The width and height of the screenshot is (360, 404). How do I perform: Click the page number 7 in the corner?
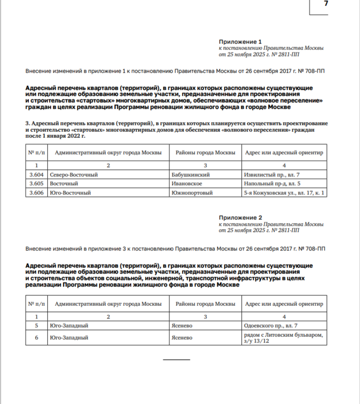tap(326, 4)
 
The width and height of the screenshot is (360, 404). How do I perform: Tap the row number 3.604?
tap(36, 175)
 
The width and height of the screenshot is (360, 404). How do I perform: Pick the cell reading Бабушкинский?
tap(191, 175)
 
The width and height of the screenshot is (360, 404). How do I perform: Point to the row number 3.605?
tap(36, 184)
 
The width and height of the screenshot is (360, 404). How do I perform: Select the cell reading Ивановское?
tap(186, 184)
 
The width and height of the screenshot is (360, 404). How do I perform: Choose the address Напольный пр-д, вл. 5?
tap(269, 184)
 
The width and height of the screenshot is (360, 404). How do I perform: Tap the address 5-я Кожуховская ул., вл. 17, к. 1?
tap(284, 192)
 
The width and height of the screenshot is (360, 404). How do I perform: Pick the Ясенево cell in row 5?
tap(182, 326)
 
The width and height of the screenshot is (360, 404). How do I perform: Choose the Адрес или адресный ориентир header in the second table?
tap(284, 304)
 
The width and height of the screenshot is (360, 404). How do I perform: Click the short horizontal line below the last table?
tap(176, 360)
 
